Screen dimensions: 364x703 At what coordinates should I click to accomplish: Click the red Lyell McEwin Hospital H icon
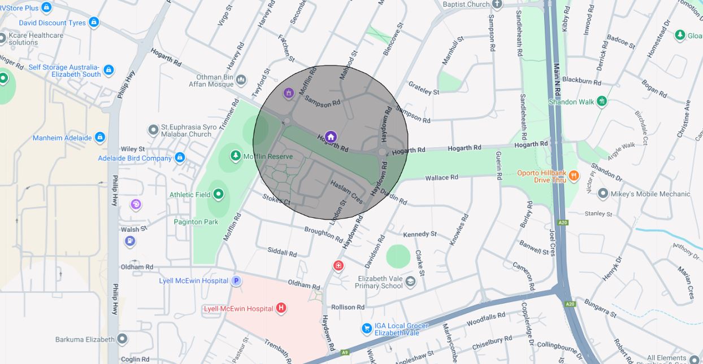pyautogui.click(x=281, y=308)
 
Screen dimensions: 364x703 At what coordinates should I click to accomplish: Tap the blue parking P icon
pyautogui.click(x=236, y=280)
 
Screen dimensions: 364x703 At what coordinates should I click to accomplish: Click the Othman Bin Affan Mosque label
pyautogui.click(x=215, y=81)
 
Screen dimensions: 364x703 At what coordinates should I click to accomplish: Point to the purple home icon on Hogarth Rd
pyautogui.click(x=331, y=137)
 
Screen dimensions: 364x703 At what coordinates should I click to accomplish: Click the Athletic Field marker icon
pyautogui.click(x=218, y=195)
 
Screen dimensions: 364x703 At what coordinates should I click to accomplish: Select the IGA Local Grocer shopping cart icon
pyautogui.click(x=367, y=328)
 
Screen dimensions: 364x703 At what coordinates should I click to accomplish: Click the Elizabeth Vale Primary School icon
pyautogui.click(x=411, y=282)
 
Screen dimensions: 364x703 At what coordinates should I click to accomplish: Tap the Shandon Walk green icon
pyautogui.click(x=602, y=101)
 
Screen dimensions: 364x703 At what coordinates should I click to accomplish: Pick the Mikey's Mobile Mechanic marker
pyautogui.click(x=603, y=194)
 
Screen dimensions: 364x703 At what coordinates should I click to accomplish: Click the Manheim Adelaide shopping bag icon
pyautogui.click(x=100, y=137)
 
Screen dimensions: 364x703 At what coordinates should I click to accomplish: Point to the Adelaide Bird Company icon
pyautogui.click(x=180, y=157)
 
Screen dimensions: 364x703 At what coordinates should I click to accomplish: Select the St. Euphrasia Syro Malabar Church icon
pyautogui.click(x=153, y=130)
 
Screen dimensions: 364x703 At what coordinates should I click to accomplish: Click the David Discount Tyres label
pyautogui.click(x=52, y=23)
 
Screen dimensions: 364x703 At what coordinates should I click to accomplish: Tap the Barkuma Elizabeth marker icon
pyautogui.click(x=122, y=339)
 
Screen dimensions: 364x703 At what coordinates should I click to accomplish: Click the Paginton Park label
pyautogui.click(x=196, y=222)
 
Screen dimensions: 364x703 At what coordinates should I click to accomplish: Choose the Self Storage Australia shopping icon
pyautogui.click(x=109, y=71)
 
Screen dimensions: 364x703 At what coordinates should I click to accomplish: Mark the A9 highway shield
pyautogui.click(x=345, y=353)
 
